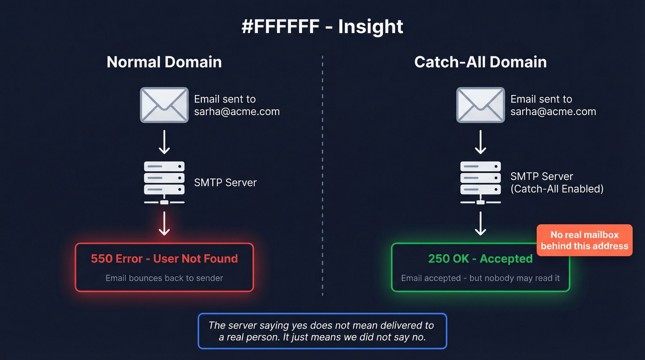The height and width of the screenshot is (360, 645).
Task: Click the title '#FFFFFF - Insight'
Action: (x=322, y=27)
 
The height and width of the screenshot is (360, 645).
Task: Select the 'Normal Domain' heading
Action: (x=164, y=62)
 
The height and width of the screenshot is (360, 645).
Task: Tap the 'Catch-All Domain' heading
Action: (x=480, y=62)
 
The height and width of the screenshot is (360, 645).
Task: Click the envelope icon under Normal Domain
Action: (x=164, y=105)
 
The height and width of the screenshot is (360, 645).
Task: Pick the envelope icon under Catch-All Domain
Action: (x=481, y=105)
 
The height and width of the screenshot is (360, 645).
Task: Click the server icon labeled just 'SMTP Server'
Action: (x=164, y=183)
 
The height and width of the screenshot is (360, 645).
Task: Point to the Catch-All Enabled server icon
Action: (x=481, y=183)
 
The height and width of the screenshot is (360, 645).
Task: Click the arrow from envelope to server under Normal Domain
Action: (x=164, y=142)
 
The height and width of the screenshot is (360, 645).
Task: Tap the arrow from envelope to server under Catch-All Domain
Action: (x=481, y=142)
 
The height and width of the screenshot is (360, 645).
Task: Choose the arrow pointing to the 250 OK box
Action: (x=481, y=224)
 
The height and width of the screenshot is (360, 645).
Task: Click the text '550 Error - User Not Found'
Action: (x=164, y=259)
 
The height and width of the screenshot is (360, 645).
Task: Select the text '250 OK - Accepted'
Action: (x=480, y=259)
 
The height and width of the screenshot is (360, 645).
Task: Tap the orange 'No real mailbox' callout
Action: (x=584, y=240)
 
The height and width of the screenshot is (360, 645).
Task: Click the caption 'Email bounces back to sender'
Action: (x=164, y=278)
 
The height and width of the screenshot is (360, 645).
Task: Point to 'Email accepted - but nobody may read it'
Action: (x=480, y=278)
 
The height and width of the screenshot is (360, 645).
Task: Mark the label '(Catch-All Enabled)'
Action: (x=557, y=189)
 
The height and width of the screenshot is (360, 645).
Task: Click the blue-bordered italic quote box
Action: (x=322, y=331)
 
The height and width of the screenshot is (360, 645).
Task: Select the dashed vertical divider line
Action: (x=322, y=175)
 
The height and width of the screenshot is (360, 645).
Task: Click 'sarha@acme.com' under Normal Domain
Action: (x=236, y=112)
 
